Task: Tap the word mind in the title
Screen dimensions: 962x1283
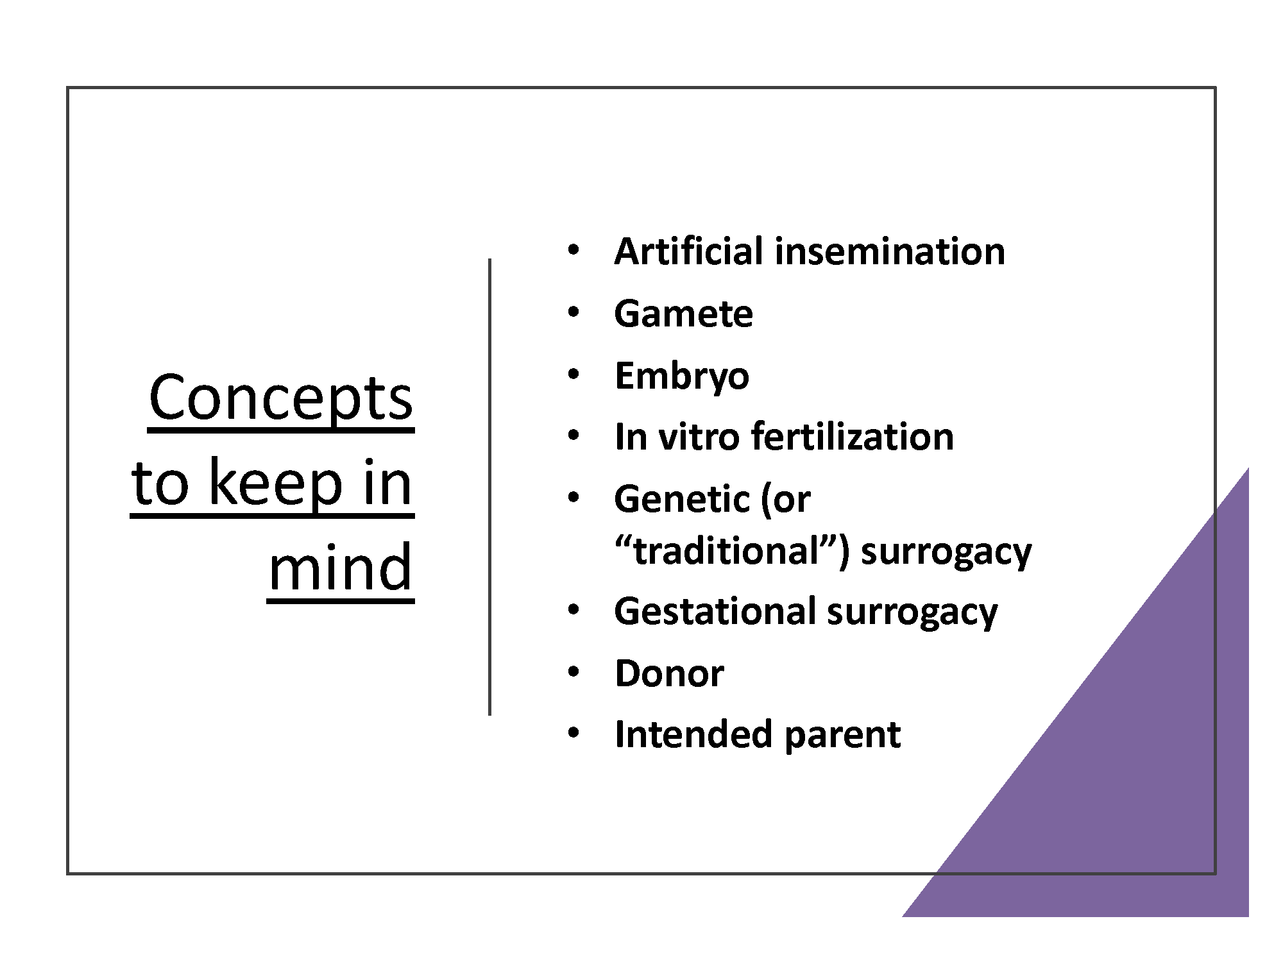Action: [340, 568]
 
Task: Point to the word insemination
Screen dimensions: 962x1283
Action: [890, 251]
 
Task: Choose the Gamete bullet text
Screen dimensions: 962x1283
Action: [683, 314]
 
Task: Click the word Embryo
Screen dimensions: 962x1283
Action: [681, 376]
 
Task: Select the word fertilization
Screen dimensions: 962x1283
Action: [853, 437]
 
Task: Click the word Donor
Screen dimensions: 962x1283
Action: [669, 673]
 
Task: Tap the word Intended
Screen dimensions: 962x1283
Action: [693, 734]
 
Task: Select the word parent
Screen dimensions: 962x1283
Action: [842, 736]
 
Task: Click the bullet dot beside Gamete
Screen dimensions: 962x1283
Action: [574, 313]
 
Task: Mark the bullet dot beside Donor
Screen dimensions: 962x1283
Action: [574, 672]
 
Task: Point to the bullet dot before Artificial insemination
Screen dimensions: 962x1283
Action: [574, 250]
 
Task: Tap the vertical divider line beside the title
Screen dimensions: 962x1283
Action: [490, 487]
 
